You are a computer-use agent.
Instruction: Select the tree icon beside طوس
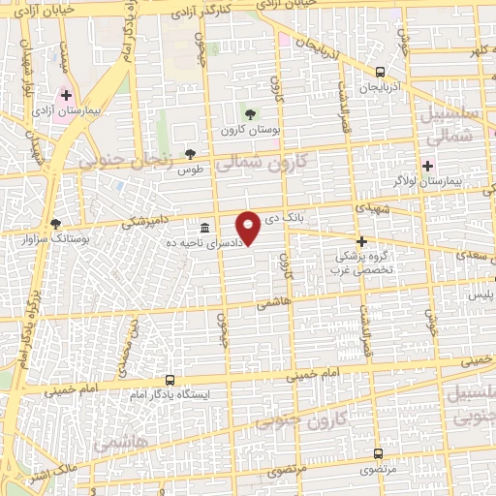click(x=190, y=154)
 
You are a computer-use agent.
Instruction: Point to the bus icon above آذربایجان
click(x=381, y=71)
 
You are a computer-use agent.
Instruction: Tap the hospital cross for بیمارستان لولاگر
click(x=427, y=165)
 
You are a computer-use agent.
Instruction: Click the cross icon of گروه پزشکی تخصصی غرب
click(x=361, y=241)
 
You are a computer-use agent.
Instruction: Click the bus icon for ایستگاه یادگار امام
click(x=170, y=380)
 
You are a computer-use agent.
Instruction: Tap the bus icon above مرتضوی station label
click(x=379, y=452)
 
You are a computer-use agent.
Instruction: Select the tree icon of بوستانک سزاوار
click(x=55, y=223)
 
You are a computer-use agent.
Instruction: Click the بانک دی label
click(x=286, y=220)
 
